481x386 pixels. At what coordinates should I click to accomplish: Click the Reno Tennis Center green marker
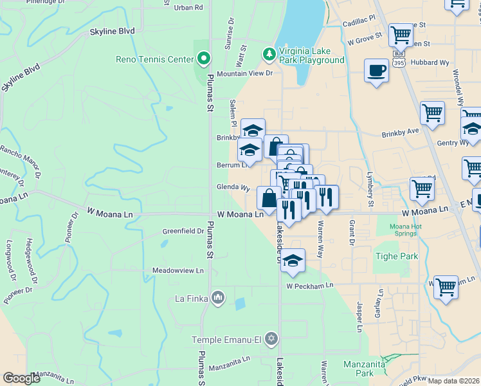(204, 59)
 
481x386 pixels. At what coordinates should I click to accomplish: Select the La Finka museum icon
(218, 298)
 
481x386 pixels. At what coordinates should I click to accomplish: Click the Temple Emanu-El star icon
(271, 338)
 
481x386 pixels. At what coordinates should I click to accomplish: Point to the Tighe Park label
(396, 256)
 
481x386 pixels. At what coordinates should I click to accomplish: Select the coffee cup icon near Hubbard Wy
(376, 70)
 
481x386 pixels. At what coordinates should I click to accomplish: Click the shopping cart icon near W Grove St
(401, 34)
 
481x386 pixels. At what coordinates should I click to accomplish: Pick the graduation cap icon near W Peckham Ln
(293, 260)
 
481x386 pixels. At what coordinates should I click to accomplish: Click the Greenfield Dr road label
(183, 230)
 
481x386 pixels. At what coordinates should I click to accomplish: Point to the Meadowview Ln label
(177, 271)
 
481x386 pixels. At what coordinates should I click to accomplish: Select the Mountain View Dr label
(244, 73)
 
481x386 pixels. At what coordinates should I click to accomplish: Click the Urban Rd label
(188, 8)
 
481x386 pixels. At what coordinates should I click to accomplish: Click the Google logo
(21, 378)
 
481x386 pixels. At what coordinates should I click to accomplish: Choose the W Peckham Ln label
(310, 285)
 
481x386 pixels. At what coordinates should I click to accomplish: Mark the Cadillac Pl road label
(358, 21)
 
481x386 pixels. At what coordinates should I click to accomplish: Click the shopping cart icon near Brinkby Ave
(432, 113)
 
